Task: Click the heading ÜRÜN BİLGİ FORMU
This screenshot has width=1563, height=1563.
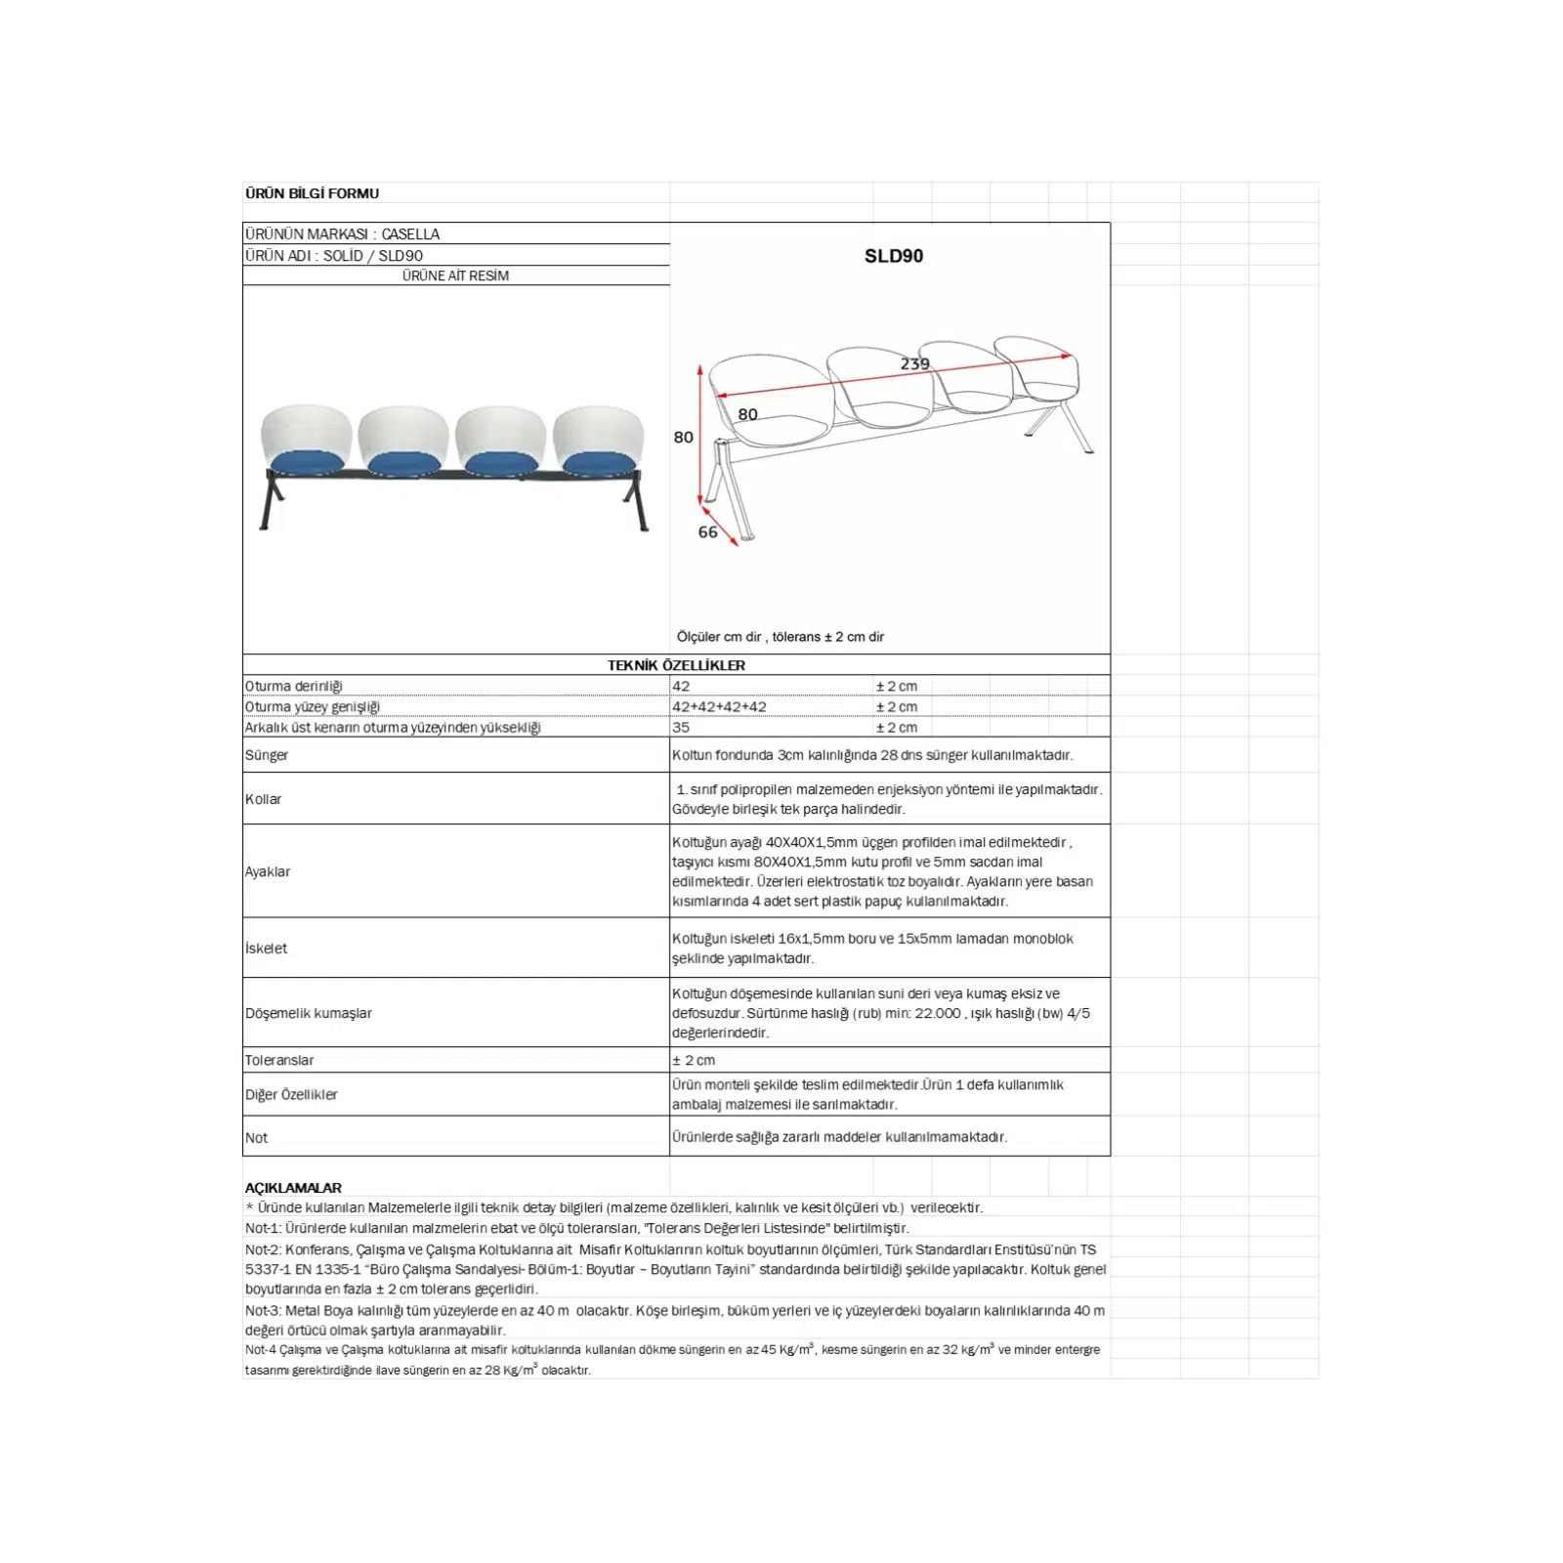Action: click(312, 193)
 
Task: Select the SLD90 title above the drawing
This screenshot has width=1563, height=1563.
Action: click(893, 256)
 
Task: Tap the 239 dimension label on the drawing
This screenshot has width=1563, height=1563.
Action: click(914, 363)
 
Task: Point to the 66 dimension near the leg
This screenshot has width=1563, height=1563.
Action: click(707, 532)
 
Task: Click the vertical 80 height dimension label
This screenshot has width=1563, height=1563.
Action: click(683, 438)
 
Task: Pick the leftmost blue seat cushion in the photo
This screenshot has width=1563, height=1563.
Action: click(306, 463)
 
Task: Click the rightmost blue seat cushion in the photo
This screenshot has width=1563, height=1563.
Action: click(599, 463)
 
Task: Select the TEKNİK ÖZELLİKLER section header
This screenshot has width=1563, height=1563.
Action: click(676, 665)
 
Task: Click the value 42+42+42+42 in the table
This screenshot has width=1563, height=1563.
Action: click(719, 706)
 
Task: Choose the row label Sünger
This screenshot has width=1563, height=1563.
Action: click(267, 755)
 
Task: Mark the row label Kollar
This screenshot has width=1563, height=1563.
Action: click(263, 799)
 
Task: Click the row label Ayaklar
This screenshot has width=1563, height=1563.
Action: click(267, 871)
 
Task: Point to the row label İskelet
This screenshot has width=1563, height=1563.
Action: click(266, 948)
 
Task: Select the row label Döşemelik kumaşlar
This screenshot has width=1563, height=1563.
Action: click(309, 1013)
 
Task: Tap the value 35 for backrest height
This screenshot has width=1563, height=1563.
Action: click(681, 727)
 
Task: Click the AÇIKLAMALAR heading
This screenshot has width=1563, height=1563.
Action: click(293, 1188)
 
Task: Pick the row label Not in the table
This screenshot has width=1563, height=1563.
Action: click(256, 1138)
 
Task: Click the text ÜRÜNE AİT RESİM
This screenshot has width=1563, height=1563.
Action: click(455, 275)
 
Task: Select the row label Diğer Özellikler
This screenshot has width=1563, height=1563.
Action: click(291, 1095)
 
